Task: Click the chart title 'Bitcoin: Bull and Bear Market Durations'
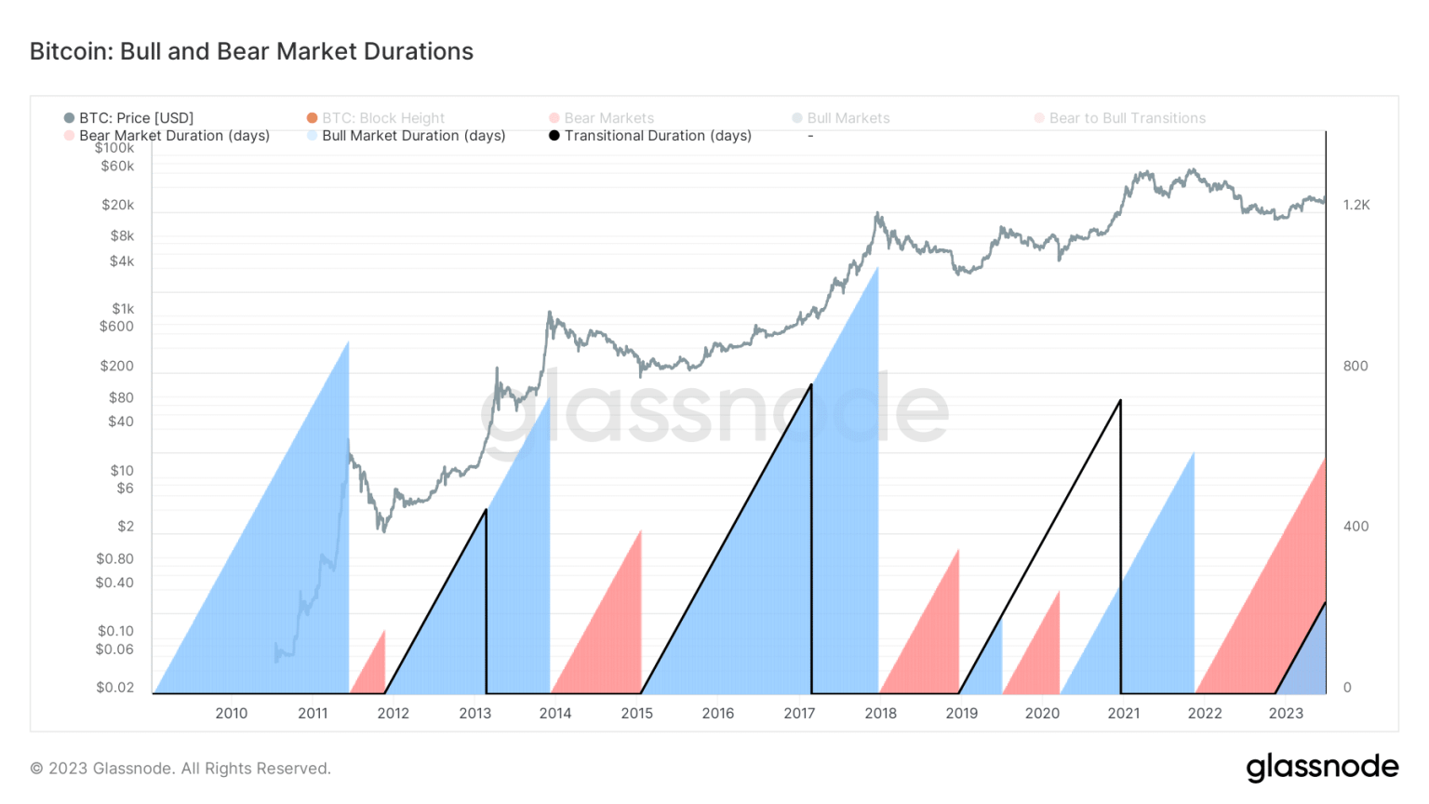(x=251, y=51)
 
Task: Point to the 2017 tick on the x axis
(x=799, y=714)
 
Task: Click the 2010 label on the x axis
(x=232, y=714)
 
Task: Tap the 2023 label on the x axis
(x=1286, y=714)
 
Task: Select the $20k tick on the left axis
(x=118, y=205)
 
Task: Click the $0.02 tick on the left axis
(x=115, y=688)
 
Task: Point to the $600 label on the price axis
(x=117, y=327)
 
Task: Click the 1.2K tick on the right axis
(x=1356, y=205)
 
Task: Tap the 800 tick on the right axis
(x=1356, y=366)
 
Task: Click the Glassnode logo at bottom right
(x=1322, y=768)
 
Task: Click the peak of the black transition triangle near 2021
(x=1120, y=401)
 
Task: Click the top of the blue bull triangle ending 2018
(x=877, y=269)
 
